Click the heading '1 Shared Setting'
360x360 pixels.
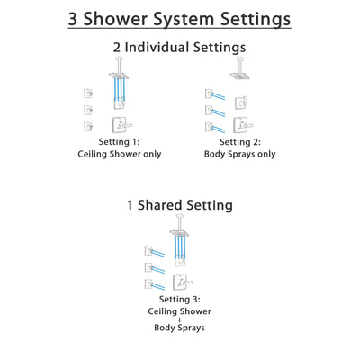coord(180,205)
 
